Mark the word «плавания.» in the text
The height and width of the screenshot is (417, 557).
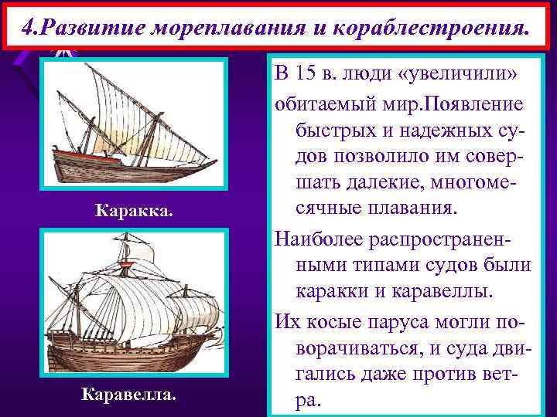(408, 209)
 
